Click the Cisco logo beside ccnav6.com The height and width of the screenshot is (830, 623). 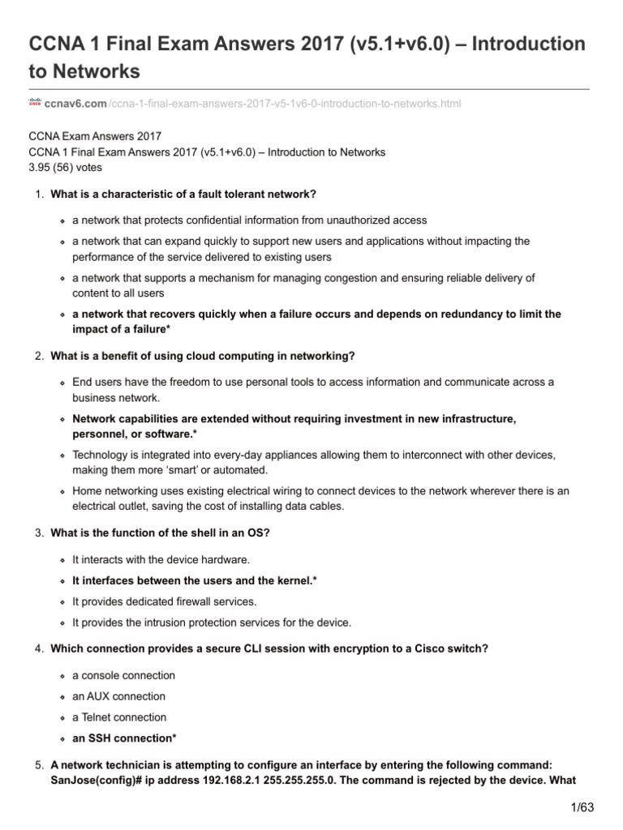coord(35,103)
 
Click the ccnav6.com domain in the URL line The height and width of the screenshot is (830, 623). coord(75,104)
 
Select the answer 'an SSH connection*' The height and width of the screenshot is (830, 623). coord(123,738)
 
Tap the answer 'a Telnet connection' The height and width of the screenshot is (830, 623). coord(119,717)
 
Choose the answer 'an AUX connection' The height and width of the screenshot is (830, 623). coord(118,696)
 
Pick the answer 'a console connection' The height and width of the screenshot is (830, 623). coord(123,675)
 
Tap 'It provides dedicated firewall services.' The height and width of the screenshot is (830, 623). coord(165,601)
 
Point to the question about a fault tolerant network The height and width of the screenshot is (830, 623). coord(183,195)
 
